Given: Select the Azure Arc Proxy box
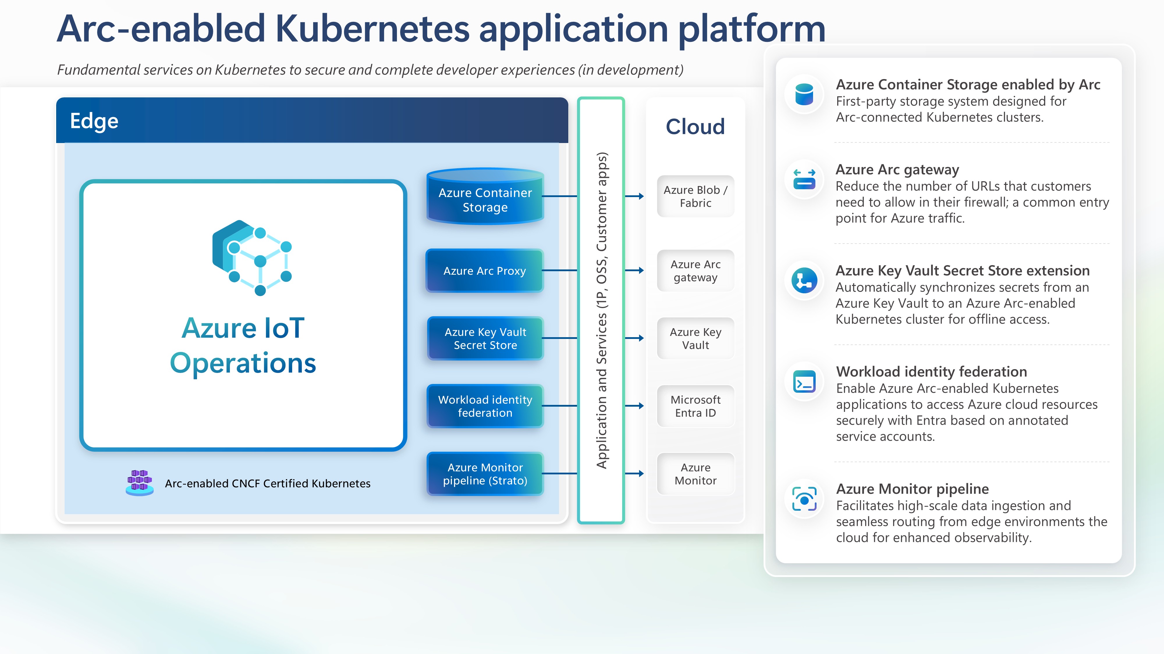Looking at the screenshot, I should coord(485,271).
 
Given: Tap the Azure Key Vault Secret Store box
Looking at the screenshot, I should coord(485,339).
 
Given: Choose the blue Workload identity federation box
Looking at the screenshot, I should coord(485,406).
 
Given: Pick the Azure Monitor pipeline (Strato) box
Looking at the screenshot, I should coord(485,474).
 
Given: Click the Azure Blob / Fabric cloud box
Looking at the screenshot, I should coord(695,196).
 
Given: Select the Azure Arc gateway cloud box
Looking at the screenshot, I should coord(695,271).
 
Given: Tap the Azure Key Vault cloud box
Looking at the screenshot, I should coord(695,339).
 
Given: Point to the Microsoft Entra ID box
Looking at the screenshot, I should coord(695,406).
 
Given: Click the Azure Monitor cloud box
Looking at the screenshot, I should coord(695,474).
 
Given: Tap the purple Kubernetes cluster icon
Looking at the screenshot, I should coord(140,483).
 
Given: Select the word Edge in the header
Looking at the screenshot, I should coord(94,121).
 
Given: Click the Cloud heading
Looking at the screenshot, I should coord(695,127).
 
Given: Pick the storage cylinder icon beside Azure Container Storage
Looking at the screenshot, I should coord(804,95).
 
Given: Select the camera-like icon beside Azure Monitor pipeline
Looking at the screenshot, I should coord(804,499).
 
